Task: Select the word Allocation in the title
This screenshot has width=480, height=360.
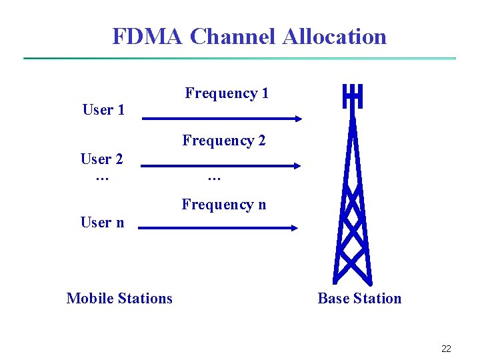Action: (334, 36)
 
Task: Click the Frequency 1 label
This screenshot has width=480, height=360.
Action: (227, 93)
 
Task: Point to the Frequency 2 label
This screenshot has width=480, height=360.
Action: (224, 141)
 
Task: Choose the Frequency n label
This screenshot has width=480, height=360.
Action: (224, 205)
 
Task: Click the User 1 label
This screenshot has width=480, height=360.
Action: (103, 110)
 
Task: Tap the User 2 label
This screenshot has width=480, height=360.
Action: (101, 159)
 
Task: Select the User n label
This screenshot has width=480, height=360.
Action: (102, 223)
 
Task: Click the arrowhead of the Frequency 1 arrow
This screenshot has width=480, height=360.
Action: (298, 119)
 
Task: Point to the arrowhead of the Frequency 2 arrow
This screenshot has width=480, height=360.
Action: (297, 166)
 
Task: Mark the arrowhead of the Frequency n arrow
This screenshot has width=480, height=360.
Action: (295, 228)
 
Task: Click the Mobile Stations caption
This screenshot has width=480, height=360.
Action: (119, 298)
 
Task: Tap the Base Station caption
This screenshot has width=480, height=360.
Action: (359, 298)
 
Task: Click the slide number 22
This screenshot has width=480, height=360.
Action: (446, 349)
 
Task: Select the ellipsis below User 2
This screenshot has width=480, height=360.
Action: (101, 177)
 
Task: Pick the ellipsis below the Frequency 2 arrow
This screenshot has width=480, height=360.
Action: (214, 177)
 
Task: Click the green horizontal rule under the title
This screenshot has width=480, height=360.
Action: (240, 59)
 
